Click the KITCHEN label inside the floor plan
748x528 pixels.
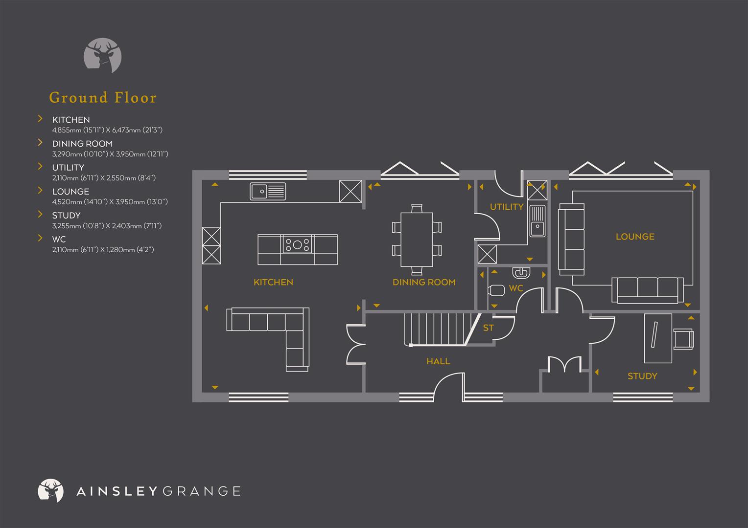(x=273, y=282)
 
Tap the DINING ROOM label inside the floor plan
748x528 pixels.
(x=424, y=282)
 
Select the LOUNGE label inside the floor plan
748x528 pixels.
(x=635, y=237)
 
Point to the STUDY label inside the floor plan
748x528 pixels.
(x=642, y=376)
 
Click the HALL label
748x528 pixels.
(x=438, y=361)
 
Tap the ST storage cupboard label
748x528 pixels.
(x=488, y=328)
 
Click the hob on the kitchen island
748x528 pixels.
(x=297, y=243)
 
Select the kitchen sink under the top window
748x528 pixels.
(x=268, y=191)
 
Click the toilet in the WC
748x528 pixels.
(x=496, y=290)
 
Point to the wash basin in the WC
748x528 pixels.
(x=520, y=272)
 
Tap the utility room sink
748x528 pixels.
(x=537, y=221)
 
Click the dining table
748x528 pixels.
(x=417, y=239)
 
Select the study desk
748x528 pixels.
(x=657, y=338)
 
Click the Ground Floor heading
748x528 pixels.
(x=103, y=98)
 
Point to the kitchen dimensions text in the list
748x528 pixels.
(x=107, y=130)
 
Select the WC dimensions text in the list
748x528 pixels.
(x=103, y=250)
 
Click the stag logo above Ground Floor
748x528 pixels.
(x=103, y=55)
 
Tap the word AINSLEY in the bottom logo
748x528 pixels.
(x=116, y=491)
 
